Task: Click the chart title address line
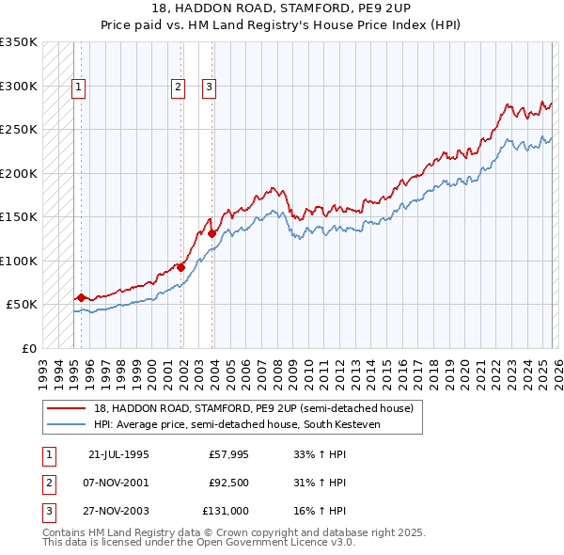pyautogui.click(x=282, y=8)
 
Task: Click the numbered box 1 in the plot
pyautogui.click(x=78, y=87)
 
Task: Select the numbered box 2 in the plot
pyautogui.click(x=178, y=87)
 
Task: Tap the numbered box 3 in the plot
pyautogui.click(x=209, y=87)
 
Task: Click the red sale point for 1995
pyautogui.click(x=81, y=297)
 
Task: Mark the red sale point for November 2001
pyautogui.click(x=180, y=267)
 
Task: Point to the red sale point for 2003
pyautogui.click(x=212, y=233)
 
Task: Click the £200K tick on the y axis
pyautogui.click(x=20, y=173)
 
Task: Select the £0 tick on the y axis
pyautogui.click(x=28, y=348)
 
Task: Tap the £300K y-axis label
pyautogui.click(x=20, y=86)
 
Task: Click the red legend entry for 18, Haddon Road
pyautogui.click(x=245, y=408)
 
